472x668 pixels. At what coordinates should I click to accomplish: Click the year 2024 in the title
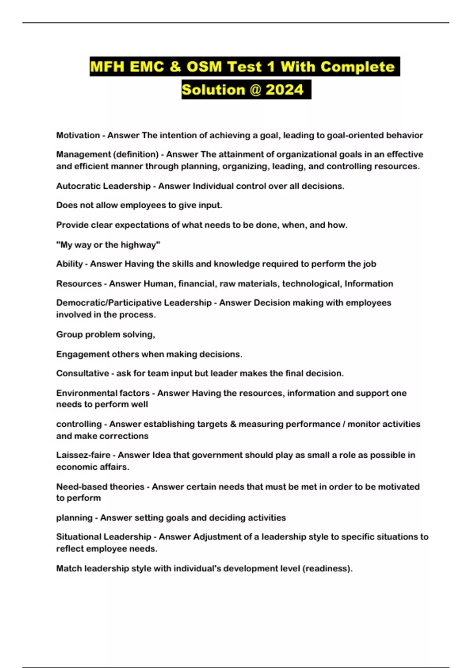284,90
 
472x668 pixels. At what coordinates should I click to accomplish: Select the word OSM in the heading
204,66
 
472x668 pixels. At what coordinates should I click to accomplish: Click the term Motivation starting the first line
78,135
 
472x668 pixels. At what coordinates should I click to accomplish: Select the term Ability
70,264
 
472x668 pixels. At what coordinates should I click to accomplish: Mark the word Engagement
83,354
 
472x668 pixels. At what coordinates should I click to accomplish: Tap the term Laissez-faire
83,455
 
